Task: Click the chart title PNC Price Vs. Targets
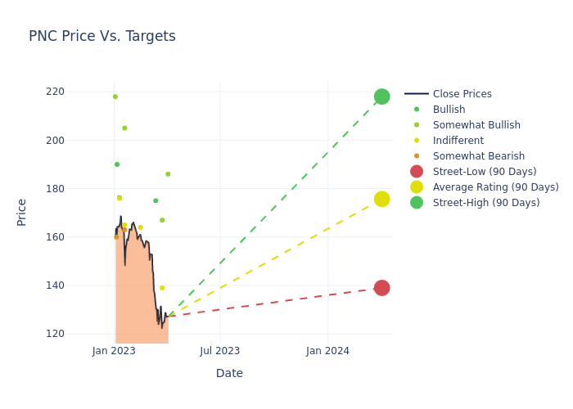[x=102, y=37]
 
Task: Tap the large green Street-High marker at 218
[x=381, y=97]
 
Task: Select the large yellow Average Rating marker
[x=381, y=199]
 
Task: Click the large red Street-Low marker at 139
[x=381, y=288]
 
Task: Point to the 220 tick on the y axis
[x=79, y=92]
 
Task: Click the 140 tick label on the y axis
[x=79, y=285]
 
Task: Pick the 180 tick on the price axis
[x=79, y=189]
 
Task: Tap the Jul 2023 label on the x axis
[x=220, y=351]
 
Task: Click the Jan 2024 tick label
[x=327, y=351]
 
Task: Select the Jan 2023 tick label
[x=114, y=351]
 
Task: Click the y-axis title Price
[x=22, y=212]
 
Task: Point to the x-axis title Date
[x=229, y=374]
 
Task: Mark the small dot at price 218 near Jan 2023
[x=115, y=97]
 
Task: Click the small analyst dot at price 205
[x=124, y=128]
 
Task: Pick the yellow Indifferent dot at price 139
[x=162, y=288]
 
